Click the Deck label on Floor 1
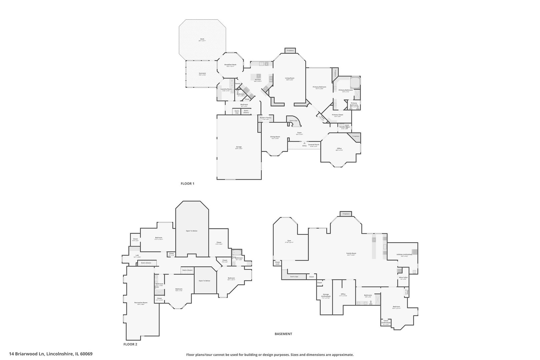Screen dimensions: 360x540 [x=202, y=39]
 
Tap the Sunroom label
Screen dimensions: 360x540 [x=202, y=73]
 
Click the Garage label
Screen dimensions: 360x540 [x=239, y=147]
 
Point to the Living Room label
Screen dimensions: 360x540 [x=290, y=78]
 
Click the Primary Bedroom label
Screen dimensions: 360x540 [x=319, y=87]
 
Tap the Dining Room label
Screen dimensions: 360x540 [x=275, y=137]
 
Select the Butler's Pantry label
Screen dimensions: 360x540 [x=266, y=118]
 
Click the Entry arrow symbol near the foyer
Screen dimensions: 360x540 [x=304, y=143]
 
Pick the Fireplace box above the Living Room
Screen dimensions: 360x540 [x=290, y=50]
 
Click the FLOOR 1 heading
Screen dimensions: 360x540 [x=187, y=183]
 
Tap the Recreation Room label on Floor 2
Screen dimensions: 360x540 [x=141, y=303]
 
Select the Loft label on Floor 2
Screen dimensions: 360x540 [x=137, y=255]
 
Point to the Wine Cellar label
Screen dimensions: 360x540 [x=403, y=277]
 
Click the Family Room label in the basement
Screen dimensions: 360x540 [x=351, y=254]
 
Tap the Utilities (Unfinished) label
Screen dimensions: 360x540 [x=404, y=254]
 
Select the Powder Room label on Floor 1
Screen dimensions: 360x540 [x=345, y=127]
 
